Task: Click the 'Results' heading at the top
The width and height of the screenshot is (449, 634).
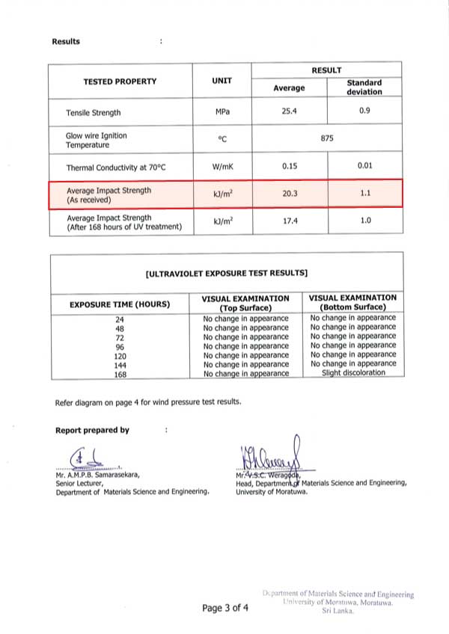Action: [66, 41]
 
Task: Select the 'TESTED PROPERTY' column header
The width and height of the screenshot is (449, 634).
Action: [120, 81]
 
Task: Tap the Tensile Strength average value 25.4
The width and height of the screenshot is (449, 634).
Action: [289, 112]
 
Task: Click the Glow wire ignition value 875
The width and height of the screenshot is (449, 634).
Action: [326, 138]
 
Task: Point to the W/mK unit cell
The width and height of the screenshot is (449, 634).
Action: [222, 167]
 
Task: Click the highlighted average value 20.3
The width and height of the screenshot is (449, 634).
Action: [289, 193]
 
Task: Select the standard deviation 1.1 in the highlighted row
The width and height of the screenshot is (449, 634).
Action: [364, 193]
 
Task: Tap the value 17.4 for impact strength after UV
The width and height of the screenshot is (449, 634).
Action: [289, 222]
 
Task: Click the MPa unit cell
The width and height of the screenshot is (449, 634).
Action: [222, 112]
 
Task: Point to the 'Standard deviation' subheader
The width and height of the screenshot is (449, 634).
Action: [364, 87]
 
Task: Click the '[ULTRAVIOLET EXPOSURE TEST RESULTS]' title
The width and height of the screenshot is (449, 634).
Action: [226, 274]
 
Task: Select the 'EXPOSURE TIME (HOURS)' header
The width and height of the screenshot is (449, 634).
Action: [120, 304]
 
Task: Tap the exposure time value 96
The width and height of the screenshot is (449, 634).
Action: [120, 346]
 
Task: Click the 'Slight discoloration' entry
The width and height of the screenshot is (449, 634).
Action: [353, 372]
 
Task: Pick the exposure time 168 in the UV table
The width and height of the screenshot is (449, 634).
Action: [120, 373]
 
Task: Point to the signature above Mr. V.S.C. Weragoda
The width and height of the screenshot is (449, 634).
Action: [269, 456]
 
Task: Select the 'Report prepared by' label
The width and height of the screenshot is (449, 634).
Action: [92, 430]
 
